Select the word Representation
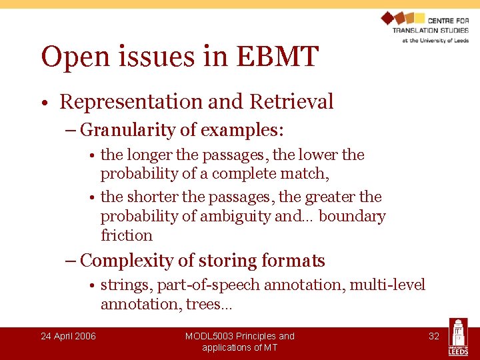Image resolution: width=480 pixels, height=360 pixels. [131, 102]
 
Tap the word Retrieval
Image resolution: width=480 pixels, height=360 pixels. [291, 102]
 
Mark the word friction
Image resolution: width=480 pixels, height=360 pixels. [127, 235]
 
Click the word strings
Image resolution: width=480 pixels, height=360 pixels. [127, 285]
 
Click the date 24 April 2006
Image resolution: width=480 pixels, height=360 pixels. [68, 336]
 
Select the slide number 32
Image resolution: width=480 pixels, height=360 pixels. [434, 336]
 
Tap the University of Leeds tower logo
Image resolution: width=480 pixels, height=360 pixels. [458, 337]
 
